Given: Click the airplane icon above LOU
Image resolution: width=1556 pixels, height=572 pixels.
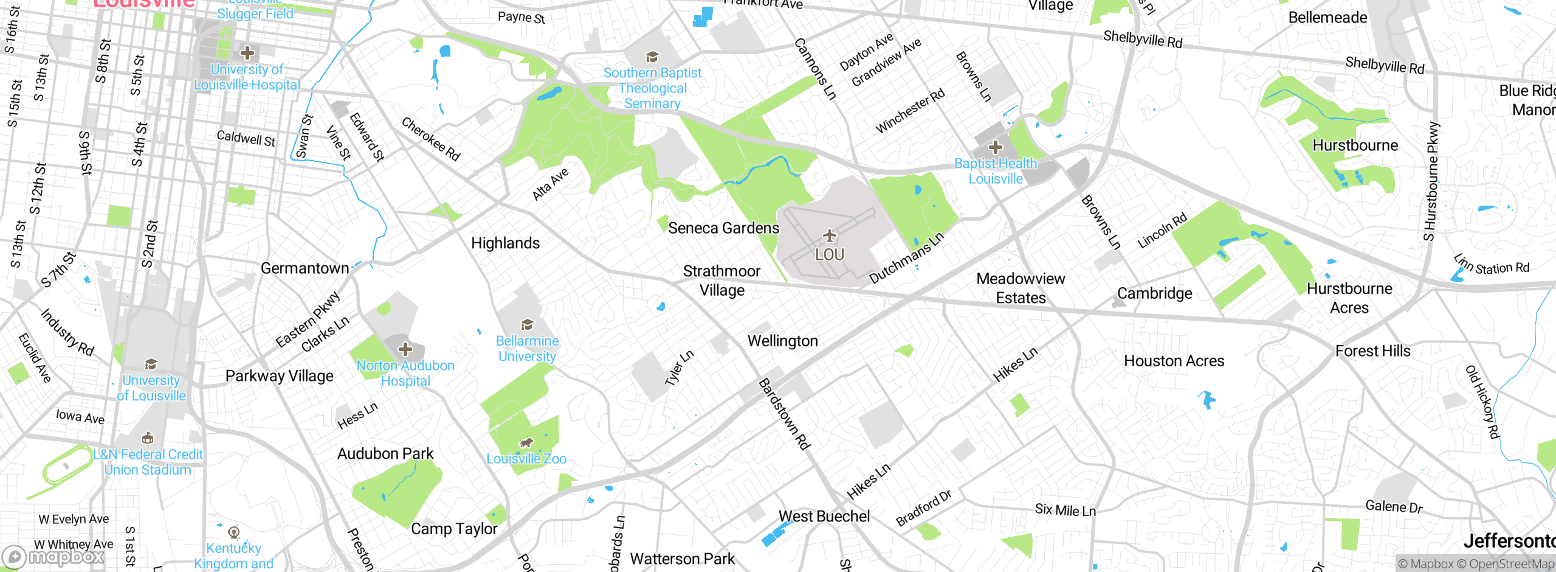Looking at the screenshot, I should (830, 235).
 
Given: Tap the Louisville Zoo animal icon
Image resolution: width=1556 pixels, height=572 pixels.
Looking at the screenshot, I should (526, 442).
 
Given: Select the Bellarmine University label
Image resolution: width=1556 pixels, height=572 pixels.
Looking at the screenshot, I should (527, 349).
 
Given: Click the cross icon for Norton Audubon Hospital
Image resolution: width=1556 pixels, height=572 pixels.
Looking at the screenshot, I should (405, 349).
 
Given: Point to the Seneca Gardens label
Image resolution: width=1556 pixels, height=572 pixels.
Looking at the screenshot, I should (723, 228).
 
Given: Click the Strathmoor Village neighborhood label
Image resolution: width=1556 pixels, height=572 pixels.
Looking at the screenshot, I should (721, 281).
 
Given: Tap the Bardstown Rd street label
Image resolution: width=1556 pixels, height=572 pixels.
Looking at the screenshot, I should (784, 414).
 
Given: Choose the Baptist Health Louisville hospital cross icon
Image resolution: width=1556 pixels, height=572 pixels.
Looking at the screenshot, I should (995, 147).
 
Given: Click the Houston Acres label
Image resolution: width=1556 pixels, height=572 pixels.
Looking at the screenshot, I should (1174, 361).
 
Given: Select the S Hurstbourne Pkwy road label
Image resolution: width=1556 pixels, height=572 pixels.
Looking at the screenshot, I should (1431, 181).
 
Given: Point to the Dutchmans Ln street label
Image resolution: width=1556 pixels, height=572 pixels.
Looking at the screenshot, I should (906, 258).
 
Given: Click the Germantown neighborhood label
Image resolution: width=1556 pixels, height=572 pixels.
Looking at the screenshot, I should (305, 268).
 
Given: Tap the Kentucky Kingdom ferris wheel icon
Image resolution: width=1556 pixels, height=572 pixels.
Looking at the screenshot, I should (233, 532).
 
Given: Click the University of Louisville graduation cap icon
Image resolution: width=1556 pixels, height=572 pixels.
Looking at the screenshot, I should (151, 364).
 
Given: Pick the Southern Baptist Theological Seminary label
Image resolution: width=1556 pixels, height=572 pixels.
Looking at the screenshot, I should (652, 88).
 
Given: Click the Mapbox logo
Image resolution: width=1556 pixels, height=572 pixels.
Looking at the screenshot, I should (53, 556).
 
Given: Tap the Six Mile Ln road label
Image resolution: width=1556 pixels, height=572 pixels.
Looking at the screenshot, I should (1065, 510).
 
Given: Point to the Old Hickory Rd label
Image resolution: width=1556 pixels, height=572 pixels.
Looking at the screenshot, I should (1482, 402).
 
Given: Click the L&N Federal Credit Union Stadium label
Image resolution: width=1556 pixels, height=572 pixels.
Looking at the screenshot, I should (148, 462).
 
